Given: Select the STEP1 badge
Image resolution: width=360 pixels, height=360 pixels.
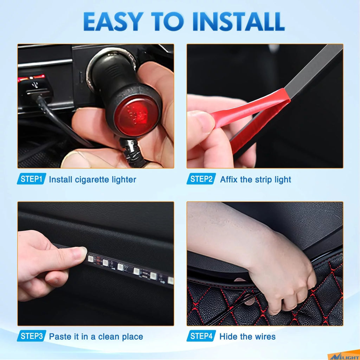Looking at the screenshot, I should tap(31, 179).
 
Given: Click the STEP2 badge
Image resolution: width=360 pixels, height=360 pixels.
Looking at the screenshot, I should tap(201, 179).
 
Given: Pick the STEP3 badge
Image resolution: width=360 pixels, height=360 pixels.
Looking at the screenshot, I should tap(31, 336).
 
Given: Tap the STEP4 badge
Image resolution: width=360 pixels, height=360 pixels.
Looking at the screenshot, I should tap(201, 336).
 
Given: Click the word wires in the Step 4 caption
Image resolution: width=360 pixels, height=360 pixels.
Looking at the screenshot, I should tap(266, 337).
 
